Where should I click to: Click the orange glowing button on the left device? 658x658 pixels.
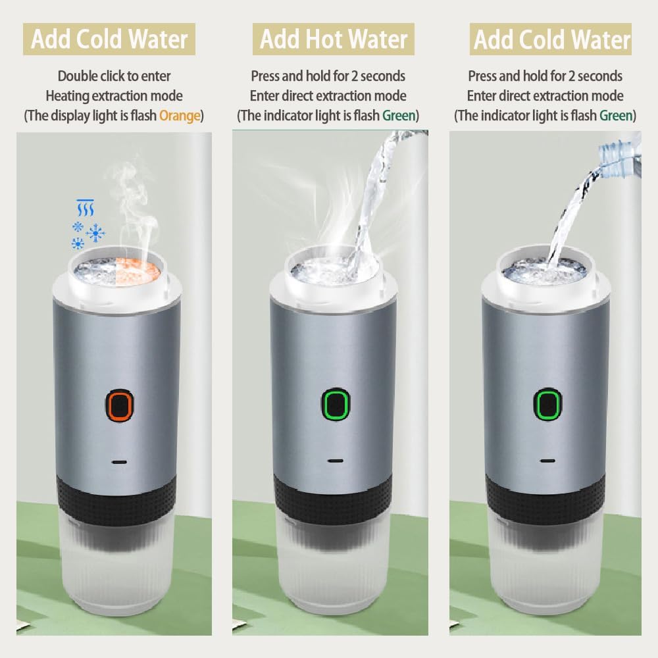tap(120, 405)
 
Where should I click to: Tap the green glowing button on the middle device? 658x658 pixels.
tap(336, 404)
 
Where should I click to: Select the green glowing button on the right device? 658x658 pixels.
tap(547, 404)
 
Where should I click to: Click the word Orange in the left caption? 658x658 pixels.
tap(180, 115)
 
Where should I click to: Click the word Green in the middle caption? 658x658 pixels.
tap(399, 115)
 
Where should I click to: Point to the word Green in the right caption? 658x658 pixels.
tap(616, 115)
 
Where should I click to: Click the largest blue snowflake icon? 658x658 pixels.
tap(95, 233)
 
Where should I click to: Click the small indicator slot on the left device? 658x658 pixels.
tap(120, 462)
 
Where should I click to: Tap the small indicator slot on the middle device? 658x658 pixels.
tap(336, 461)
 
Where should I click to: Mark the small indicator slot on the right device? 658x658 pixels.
tap(547, 461)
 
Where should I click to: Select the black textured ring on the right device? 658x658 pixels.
tap(545, 498)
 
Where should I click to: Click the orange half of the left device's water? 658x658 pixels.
tap(138, 272)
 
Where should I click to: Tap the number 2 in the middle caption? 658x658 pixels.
tap(355, 76)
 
